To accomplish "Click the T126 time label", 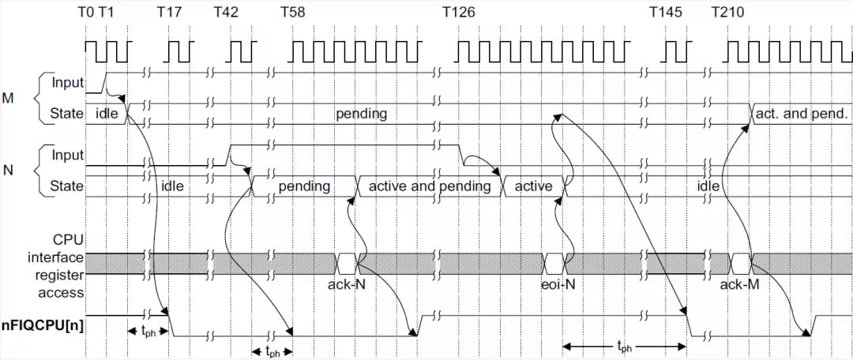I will coord(461,13).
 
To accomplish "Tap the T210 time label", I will coord(728,13).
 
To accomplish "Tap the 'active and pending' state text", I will coord(430,186).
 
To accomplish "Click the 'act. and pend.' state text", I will coord(802,114).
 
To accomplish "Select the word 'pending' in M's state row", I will coord(361,114).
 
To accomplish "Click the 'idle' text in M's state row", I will coord(106,114).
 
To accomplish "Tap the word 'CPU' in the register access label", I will coord(68,239).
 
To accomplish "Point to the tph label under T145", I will coord(624,347).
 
